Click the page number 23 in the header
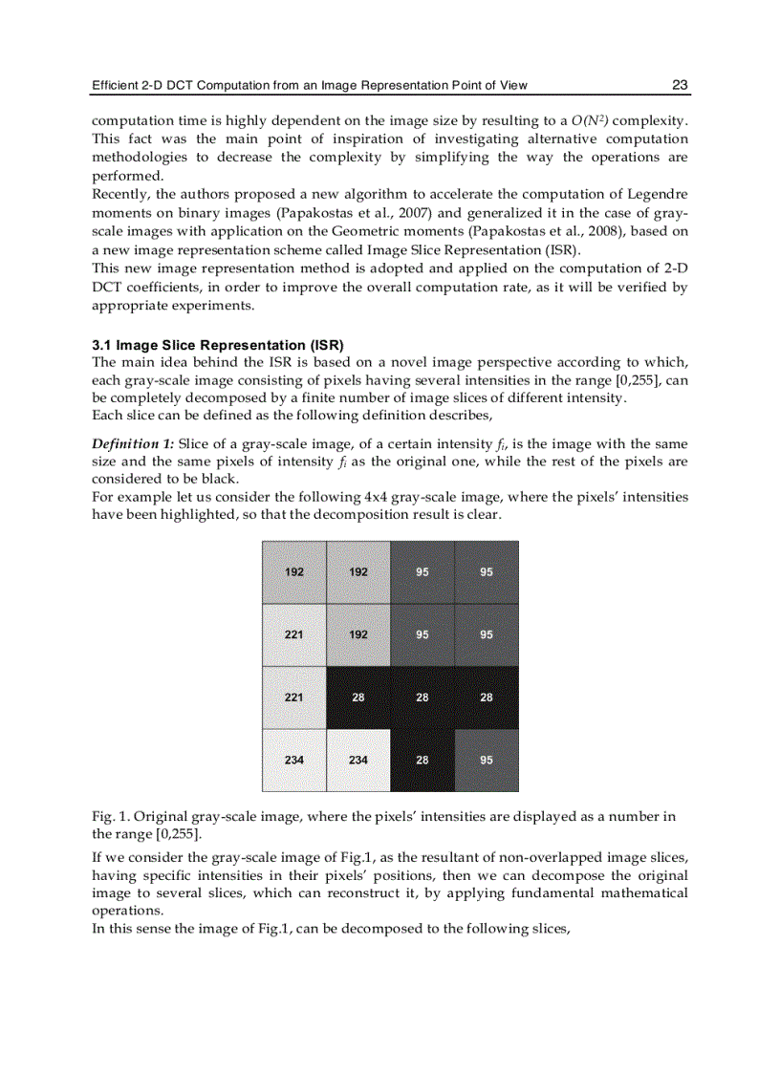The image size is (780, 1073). coord(680,85)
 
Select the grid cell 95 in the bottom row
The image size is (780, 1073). coord(486,761)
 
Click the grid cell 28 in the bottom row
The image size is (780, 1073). coord(422,761)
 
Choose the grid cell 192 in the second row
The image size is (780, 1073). coord(357,634)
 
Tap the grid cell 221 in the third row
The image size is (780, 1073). coord(294,697)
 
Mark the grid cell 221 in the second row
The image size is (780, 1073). coord(294,634)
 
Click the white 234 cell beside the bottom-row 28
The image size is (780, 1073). coord(357,761)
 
